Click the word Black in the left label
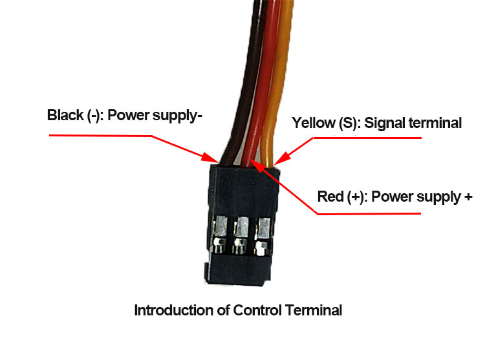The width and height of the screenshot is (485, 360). [x=65, y=115]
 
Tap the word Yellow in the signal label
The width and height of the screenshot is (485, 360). [x=314, y=123]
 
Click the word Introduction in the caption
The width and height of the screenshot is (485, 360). [x=174, y=310]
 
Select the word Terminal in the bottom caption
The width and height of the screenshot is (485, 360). [x=314, y=310]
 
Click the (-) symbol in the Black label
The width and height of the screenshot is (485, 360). [x=93, y=116]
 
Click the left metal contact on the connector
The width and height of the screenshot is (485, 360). [x=221, y=235]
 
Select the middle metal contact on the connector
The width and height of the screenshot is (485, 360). [x=241, y=235]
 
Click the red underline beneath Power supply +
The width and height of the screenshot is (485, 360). [x=369, y=213]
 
